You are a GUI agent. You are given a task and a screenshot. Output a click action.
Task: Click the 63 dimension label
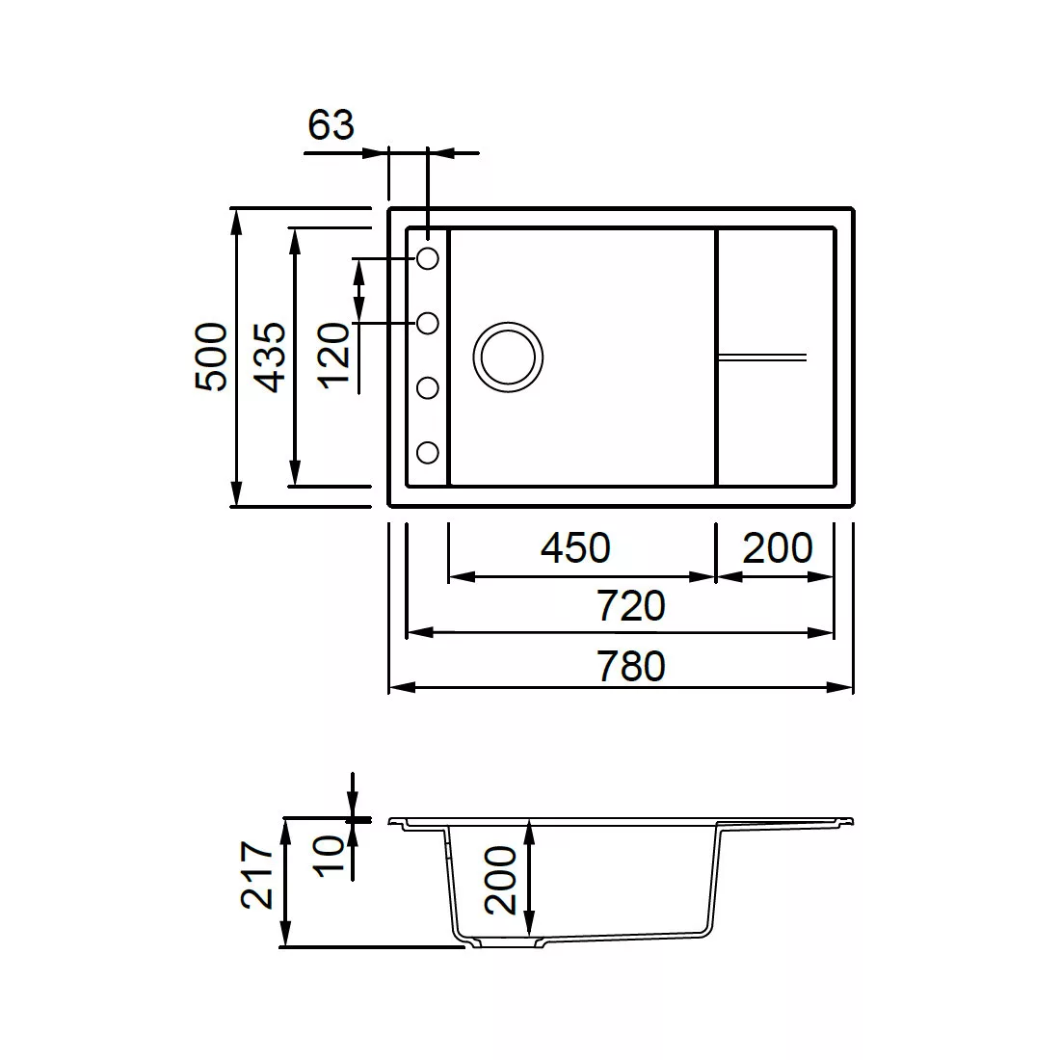click(x=331, y=125)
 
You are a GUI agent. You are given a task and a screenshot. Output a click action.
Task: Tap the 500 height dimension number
click(x=211, y=357)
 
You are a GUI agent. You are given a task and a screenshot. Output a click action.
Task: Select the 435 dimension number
click(x=270, y=358)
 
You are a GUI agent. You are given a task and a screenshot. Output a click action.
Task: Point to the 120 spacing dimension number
click(x=334, y=356)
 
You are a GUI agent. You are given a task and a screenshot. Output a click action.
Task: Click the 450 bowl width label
click(x=575, y=547)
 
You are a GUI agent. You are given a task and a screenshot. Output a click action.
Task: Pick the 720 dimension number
click(x=631, y=606)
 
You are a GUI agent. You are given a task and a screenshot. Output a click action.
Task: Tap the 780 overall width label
click(x=631, y=666)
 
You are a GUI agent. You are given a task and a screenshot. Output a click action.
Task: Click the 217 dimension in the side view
click(x=257, y=874)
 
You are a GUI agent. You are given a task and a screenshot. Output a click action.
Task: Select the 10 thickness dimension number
click(x=330, y=857)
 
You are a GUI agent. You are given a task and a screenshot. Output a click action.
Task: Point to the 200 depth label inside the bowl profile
click(x=501, y=880)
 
